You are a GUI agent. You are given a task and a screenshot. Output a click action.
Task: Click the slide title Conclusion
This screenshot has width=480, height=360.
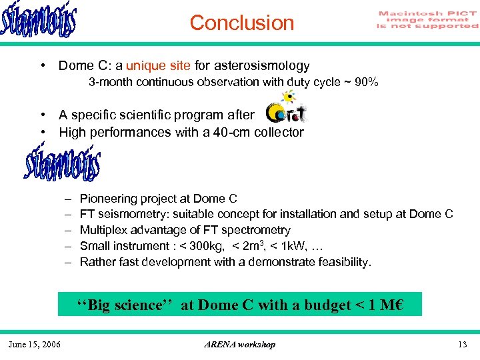click(x=241, y=23)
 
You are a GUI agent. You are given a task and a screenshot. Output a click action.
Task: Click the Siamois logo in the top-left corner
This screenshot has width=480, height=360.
click(x=39, y=22)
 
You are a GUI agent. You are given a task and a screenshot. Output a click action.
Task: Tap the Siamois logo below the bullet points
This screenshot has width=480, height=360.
click(x=62, y=163)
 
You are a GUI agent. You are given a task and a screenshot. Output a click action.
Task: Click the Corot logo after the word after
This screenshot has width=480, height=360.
click(x=286, y=113)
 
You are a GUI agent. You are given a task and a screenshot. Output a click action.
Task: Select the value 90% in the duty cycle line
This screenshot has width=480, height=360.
click(x=367, y=82)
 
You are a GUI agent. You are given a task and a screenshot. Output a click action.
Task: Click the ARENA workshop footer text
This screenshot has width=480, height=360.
click(x=239, y=344)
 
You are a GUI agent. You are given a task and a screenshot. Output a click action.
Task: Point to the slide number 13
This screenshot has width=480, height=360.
click(x=463, y=344)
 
